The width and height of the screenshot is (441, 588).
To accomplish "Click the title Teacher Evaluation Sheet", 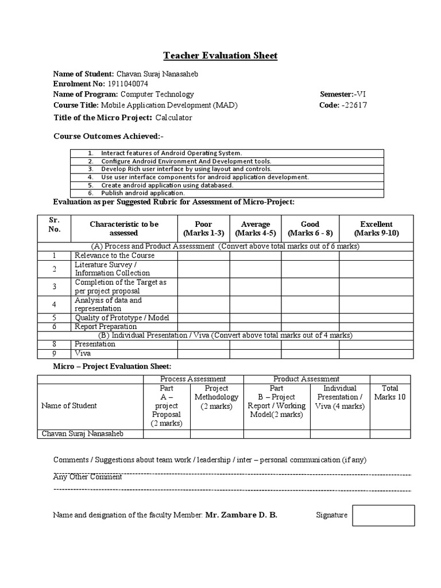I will [220, 56].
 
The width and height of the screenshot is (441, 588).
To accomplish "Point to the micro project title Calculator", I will [173, 118].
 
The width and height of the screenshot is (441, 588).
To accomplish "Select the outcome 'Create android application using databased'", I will [167, 185].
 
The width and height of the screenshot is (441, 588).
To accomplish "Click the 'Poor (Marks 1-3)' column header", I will [203, 229].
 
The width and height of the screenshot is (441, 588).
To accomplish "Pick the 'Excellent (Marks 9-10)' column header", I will [376, 229].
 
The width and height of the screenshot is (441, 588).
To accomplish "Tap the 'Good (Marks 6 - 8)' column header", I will [310, 229].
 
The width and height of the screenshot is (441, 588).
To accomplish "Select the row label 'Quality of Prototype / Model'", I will [122, 318].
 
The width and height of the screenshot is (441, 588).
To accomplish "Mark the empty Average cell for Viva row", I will [255, 354].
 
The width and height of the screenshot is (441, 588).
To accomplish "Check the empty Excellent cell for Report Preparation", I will [376, 326].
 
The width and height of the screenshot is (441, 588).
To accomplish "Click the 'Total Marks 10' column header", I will [389, 393].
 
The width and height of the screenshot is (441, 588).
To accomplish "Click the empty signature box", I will [383, 515].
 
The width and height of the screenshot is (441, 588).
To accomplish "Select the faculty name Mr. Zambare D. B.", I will [241, 515].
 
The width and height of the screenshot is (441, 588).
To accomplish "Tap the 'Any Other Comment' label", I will [87, 477].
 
